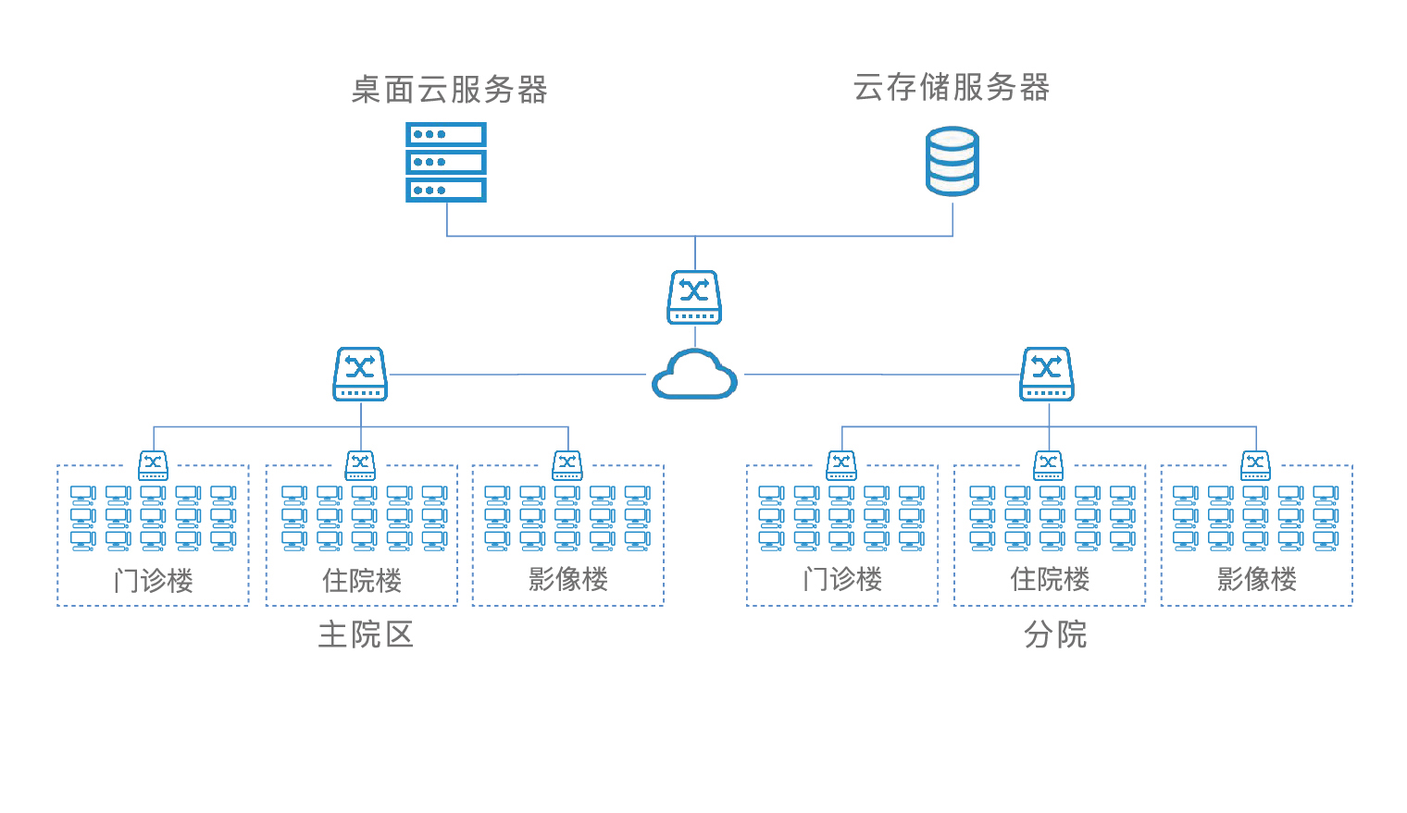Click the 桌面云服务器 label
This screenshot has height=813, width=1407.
pos(449,90)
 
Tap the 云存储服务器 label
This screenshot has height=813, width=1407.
pos(952,88)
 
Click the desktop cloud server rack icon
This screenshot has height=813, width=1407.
pos(446,162)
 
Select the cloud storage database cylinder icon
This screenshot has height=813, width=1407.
pos(953,162)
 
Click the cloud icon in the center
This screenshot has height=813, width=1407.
pos(694,375)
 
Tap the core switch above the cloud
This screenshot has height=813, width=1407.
pos(694,297)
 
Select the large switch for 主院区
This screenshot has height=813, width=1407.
pos(360,374)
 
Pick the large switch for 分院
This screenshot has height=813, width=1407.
pos(1047,374)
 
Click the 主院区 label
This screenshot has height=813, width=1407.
pos(365,634)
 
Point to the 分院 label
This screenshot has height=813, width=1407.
pos(1054,634)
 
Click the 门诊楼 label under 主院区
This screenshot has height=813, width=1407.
pos(153,581)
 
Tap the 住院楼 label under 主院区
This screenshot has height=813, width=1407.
pos(362,581)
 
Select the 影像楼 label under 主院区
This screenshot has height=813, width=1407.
pos(568,579)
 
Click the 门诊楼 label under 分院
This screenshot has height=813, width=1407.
pos(842,579)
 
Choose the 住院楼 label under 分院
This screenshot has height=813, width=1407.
pos(1050,579)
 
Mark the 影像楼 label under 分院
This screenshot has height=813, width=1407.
pos(1257,579)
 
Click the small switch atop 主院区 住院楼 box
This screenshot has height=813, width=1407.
pos(360,464)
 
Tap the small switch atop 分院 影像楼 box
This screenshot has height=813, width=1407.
pos(1255,464)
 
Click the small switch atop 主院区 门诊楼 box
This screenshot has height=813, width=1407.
pos(153,464)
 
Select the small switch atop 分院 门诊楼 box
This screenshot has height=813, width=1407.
pos(841,464)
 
